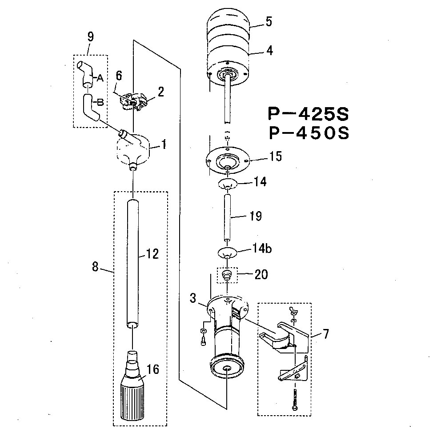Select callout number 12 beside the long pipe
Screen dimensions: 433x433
pyautogui.click(x=152, y=254)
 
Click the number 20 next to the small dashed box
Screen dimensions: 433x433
pyautogui.click(x=261, y=274)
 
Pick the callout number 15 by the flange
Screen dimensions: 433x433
pyautogui.click(x=275, y=156)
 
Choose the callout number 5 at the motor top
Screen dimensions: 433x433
pyautogui.click(x=269, y=22)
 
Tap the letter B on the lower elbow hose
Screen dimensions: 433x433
pyautogui.click(x=100, y=102)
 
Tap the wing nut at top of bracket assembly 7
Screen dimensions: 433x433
pyautogui.click(x=293, y=310)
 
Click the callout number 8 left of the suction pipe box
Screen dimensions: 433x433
pyautogui.click(x=95, y=267)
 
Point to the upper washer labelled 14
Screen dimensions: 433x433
pyautogui.click(x=227, y=183)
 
